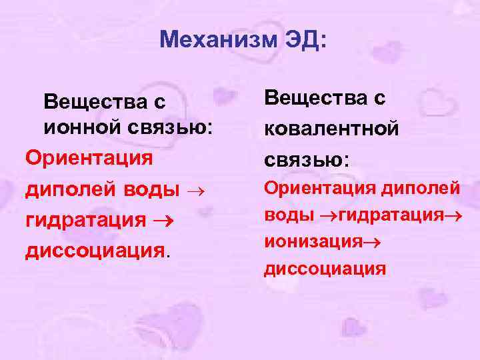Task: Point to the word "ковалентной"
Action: point(332,127)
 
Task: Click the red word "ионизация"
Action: point(305,242)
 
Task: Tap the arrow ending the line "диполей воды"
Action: point(195,191)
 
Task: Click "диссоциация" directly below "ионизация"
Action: point(325,269)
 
